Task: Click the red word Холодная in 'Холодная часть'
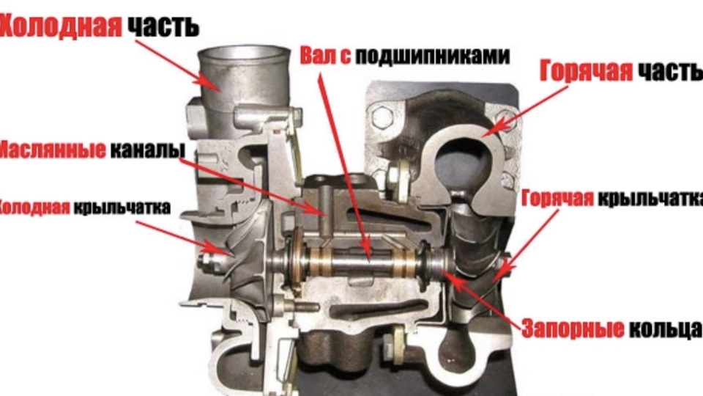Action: tap(61, 26)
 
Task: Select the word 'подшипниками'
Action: tap(433, 56)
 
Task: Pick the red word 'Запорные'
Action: tap(573, 329)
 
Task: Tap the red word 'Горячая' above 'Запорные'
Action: tap(558, 198)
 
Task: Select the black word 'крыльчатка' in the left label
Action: tap(122, 208)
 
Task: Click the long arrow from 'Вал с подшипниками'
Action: tap(345, 169)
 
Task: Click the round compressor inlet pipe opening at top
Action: tap(244, 53)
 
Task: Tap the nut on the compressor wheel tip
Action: tap(209, 260)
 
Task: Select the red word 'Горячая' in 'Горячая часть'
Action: tap(586, 71)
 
